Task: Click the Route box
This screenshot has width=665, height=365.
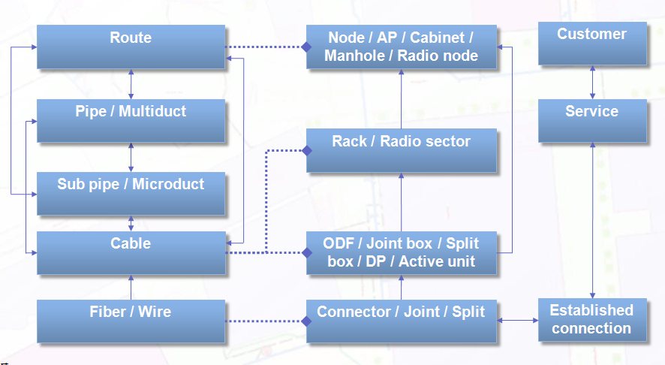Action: pos(131,47)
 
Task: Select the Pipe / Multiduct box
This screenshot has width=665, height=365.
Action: pos(131,120)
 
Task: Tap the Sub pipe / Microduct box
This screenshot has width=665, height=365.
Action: pos(131,194)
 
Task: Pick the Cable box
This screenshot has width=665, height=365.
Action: pos(131,253)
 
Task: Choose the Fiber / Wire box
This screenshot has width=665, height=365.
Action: pos(131,321)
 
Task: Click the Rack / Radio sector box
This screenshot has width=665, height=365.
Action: pos(402,150)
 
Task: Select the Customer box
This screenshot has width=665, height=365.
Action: pos(592,44)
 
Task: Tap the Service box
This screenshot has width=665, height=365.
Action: pos(592,121)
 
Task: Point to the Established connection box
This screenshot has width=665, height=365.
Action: pos(592,320)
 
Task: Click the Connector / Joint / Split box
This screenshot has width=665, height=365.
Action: pos(402,321)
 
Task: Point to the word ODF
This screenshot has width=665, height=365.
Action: pos(338,243)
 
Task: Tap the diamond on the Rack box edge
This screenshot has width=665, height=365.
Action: pos(307,151)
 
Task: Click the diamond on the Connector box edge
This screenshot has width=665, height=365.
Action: pos(307,321)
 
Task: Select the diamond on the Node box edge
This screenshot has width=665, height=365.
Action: pos(307,47)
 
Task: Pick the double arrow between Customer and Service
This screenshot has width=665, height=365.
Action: pos(592,83)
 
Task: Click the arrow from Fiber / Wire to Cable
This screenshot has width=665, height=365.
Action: pos(131,288)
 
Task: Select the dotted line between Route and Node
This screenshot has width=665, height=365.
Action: pos(263,47)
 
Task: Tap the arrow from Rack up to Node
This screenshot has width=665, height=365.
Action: pos(402,99)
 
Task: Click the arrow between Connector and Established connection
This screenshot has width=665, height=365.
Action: pos(517,321)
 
